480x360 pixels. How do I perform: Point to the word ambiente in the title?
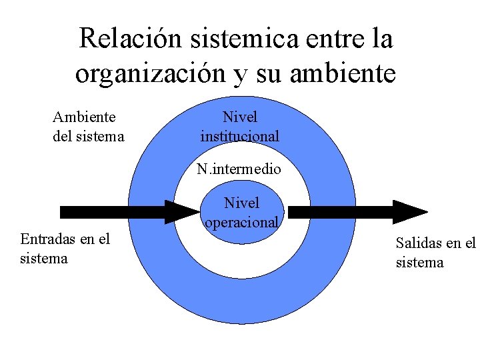coord(343,73)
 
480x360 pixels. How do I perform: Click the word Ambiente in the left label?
coord(84,117)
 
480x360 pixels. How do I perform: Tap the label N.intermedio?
coord(239,169)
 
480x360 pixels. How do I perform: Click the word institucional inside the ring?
coord(240,137)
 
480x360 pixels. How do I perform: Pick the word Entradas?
coord(47,239)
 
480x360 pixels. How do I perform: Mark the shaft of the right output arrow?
coord(340,212)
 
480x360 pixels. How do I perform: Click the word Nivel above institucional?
coord(240,117)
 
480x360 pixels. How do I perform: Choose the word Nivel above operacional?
coord(241,203)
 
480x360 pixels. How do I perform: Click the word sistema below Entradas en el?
coord(44,258)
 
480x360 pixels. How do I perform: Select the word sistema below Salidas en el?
coord(419,263)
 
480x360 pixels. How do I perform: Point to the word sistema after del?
coord(101,137)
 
